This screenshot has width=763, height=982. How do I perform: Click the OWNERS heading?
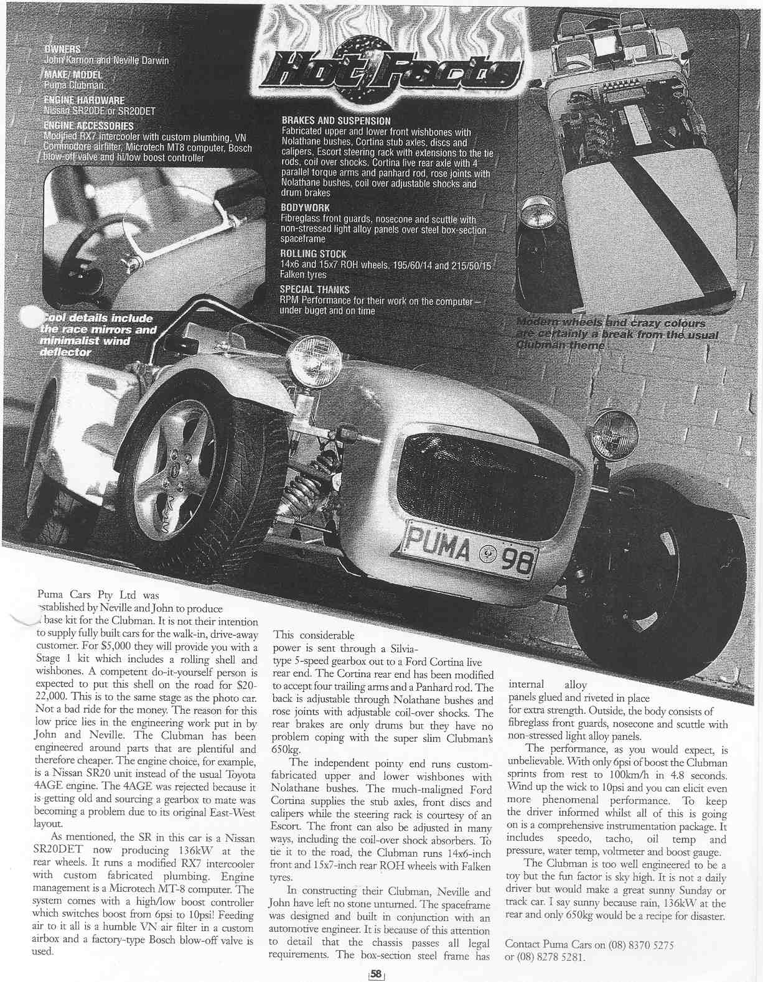click(x=66, y=49)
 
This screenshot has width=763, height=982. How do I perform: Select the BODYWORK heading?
click(x=305, y=208)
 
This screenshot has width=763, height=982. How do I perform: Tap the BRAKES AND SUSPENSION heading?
click(x=336, y=121)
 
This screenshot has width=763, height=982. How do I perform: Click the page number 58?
click(x=376, y=975)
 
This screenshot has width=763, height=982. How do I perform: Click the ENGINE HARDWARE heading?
click(x=84, y=100)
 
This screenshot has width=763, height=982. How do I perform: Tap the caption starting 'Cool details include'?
click(x=96, y=335)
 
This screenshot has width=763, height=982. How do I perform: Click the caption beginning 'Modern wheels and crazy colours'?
click(x=616, y=334)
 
